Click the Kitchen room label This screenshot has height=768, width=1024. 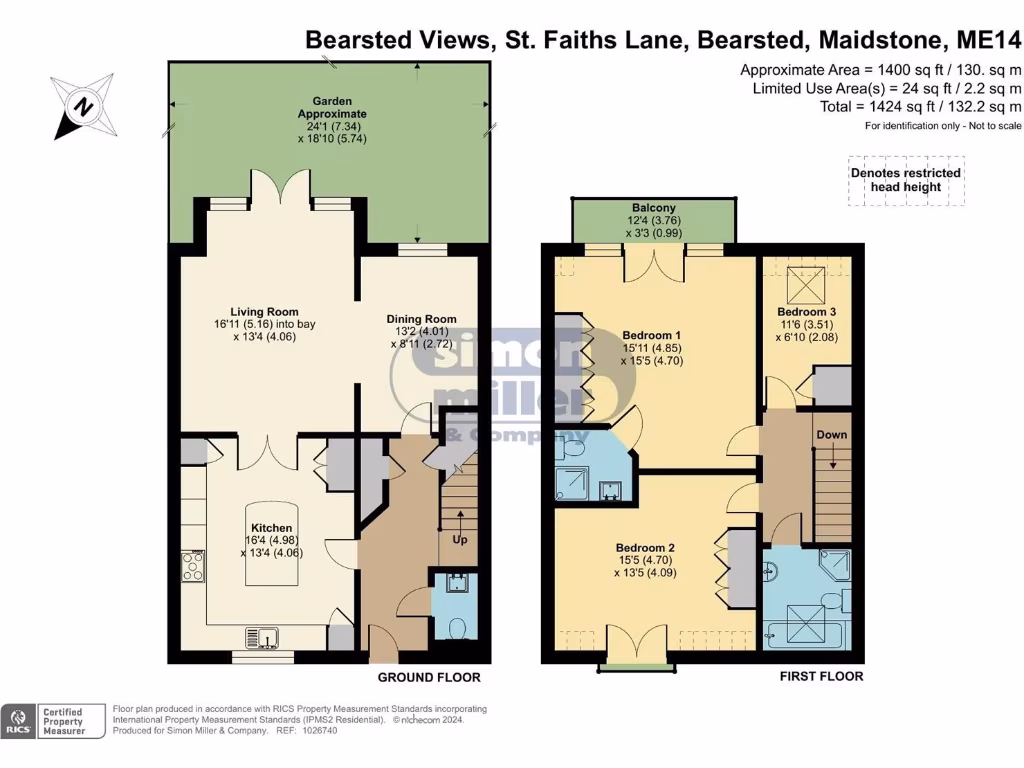point(271,527)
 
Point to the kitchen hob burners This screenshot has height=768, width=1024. point(193,568)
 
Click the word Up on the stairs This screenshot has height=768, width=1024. point(461,541)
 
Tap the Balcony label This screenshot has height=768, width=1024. point(653,208)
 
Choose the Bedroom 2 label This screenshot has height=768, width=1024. point(645,548)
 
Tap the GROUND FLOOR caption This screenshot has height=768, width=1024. point(428,677)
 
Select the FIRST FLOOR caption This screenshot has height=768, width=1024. point(821,676)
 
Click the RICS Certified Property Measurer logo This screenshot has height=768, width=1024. point(55,721)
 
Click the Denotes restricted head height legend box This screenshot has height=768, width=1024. point(906,180)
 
